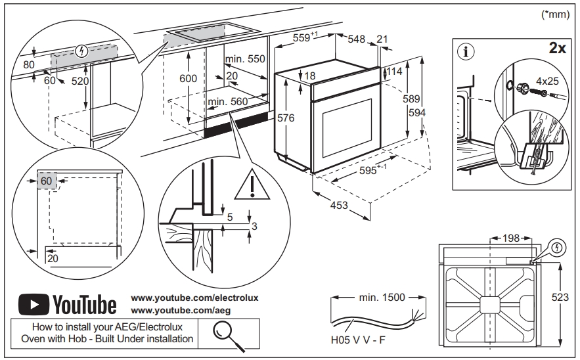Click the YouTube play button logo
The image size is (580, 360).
click(x=33, y=304)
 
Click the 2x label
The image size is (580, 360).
click(x=557, y=49)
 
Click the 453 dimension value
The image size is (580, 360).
click(x=338, y=206)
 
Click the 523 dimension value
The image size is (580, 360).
click(x=560, y=298)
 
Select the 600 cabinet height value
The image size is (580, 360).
click(x=188, y=78)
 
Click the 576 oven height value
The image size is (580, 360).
click(x=285, y=118)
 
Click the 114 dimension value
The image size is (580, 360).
click(x=394, y=71)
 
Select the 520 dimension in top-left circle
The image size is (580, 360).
click(x=80, y=81)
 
